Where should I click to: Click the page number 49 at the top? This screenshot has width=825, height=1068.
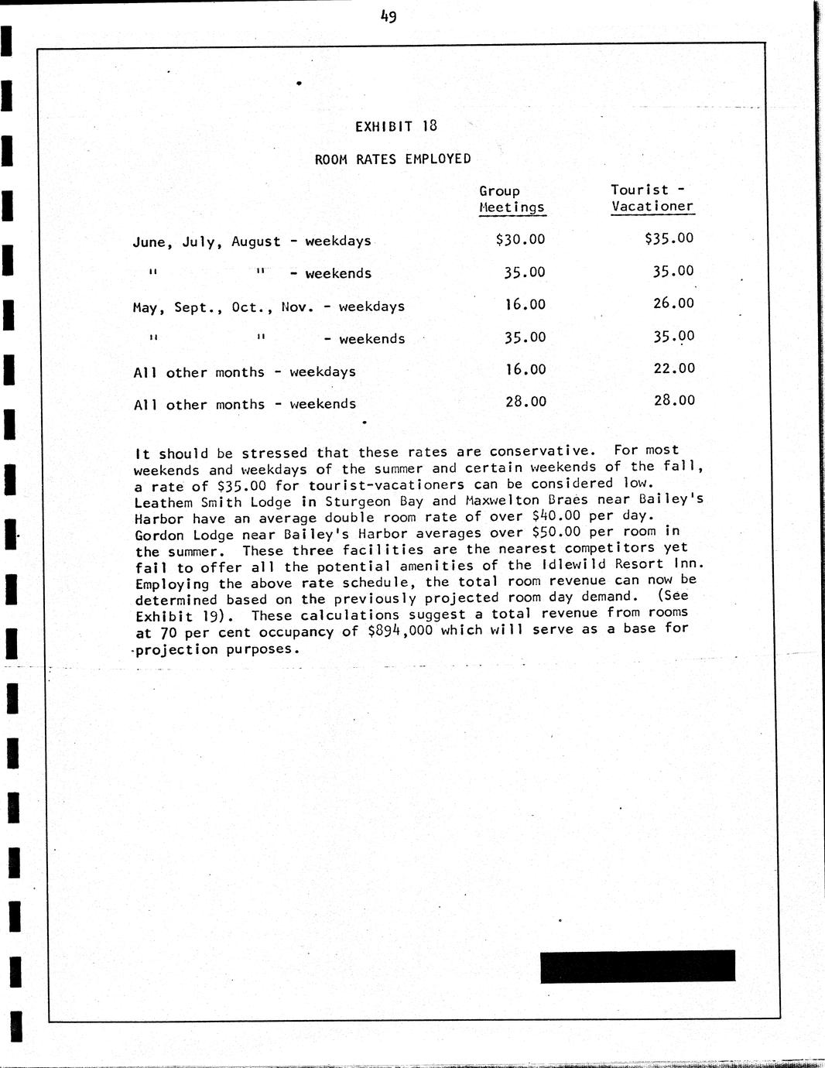click(389, 15)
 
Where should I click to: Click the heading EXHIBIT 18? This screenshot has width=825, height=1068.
click(395, 126)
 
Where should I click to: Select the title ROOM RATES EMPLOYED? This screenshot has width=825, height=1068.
click(392, 159)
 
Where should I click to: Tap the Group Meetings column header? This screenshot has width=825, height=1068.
click(512, 199)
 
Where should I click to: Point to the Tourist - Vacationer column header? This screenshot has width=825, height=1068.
click(652, 198)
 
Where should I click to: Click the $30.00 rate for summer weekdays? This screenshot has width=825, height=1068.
click(520, 240)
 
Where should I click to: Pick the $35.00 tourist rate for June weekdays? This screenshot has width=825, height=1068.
click(669, 238)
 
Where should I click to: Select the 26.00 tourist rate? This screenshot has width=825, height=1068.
click(673, 303)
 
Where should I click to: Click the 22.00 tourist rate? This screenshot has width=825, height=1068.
click(673, 368)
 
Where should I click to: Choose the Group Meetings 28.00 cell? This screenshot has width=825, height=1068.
click(525, 401)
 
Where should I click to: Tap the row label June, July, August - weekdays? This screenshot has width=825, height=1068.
click(252, 241)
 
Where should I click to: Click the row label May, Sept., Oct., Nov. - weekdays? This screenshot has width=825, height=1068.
click(269, 307)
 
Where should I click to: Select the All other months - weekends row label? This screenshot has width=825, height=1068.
click(245, 404)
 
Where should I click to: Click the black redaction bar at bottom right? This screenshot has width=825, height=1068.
click(637, 966)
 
